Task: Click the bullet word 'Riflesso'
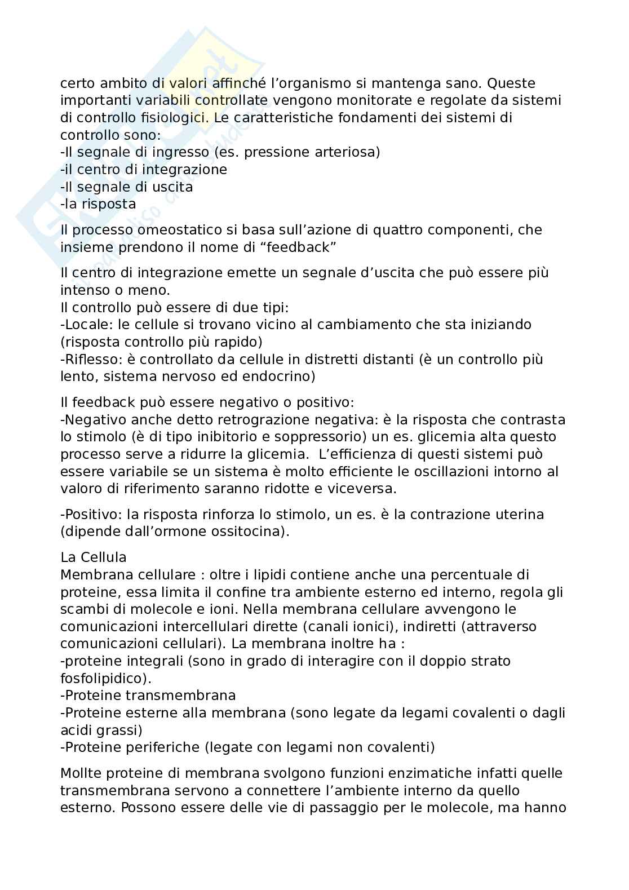coord(91,359)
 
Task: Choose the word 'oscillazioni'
coord(450,471)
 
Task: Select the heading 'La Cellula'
coord(94,557)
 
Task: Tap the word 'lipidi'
coord(264,575)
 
